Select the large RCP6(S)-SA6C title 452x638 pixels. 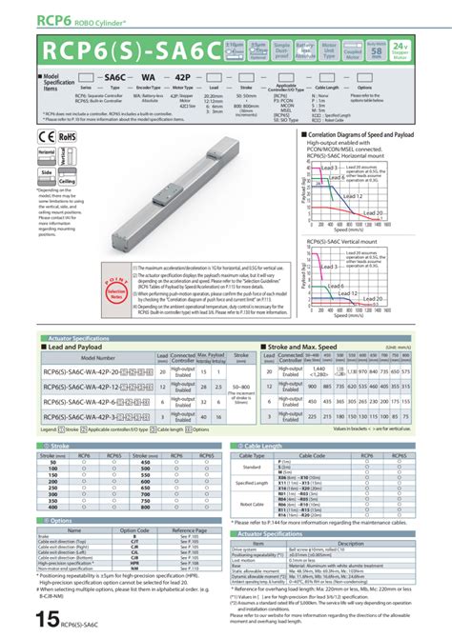pyautogui.click(x=123, y=48)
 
